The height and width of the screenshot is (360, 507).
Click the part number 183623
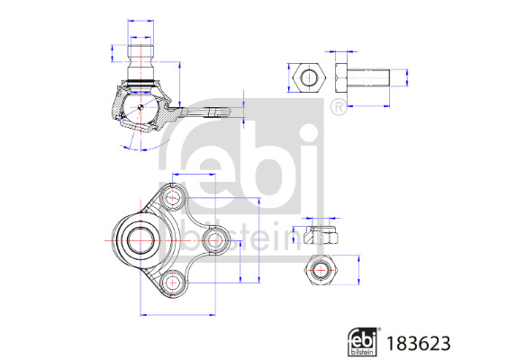(419, 343)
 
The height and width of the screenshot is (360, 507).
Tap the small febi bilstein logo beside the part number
(364, 342)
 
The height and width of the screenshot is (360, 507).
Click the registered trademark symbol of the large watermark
(339, 107)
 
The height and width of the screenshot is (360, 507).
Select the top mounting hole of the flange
(173, 197)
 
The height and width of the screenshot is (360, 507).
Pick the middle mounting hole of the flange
(214, 240)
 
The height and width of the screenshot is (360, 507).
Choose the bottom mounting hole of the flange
(173, 283)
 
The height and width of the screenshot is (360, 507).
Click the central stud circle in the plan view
(140, 240)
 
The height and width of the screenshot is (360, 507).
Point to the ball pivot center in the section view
(140, 106)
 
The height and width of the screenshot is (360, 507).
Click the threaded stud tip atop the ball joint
(140, 51)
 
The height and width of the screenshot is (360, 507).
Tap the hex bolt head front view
(309, 77)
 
